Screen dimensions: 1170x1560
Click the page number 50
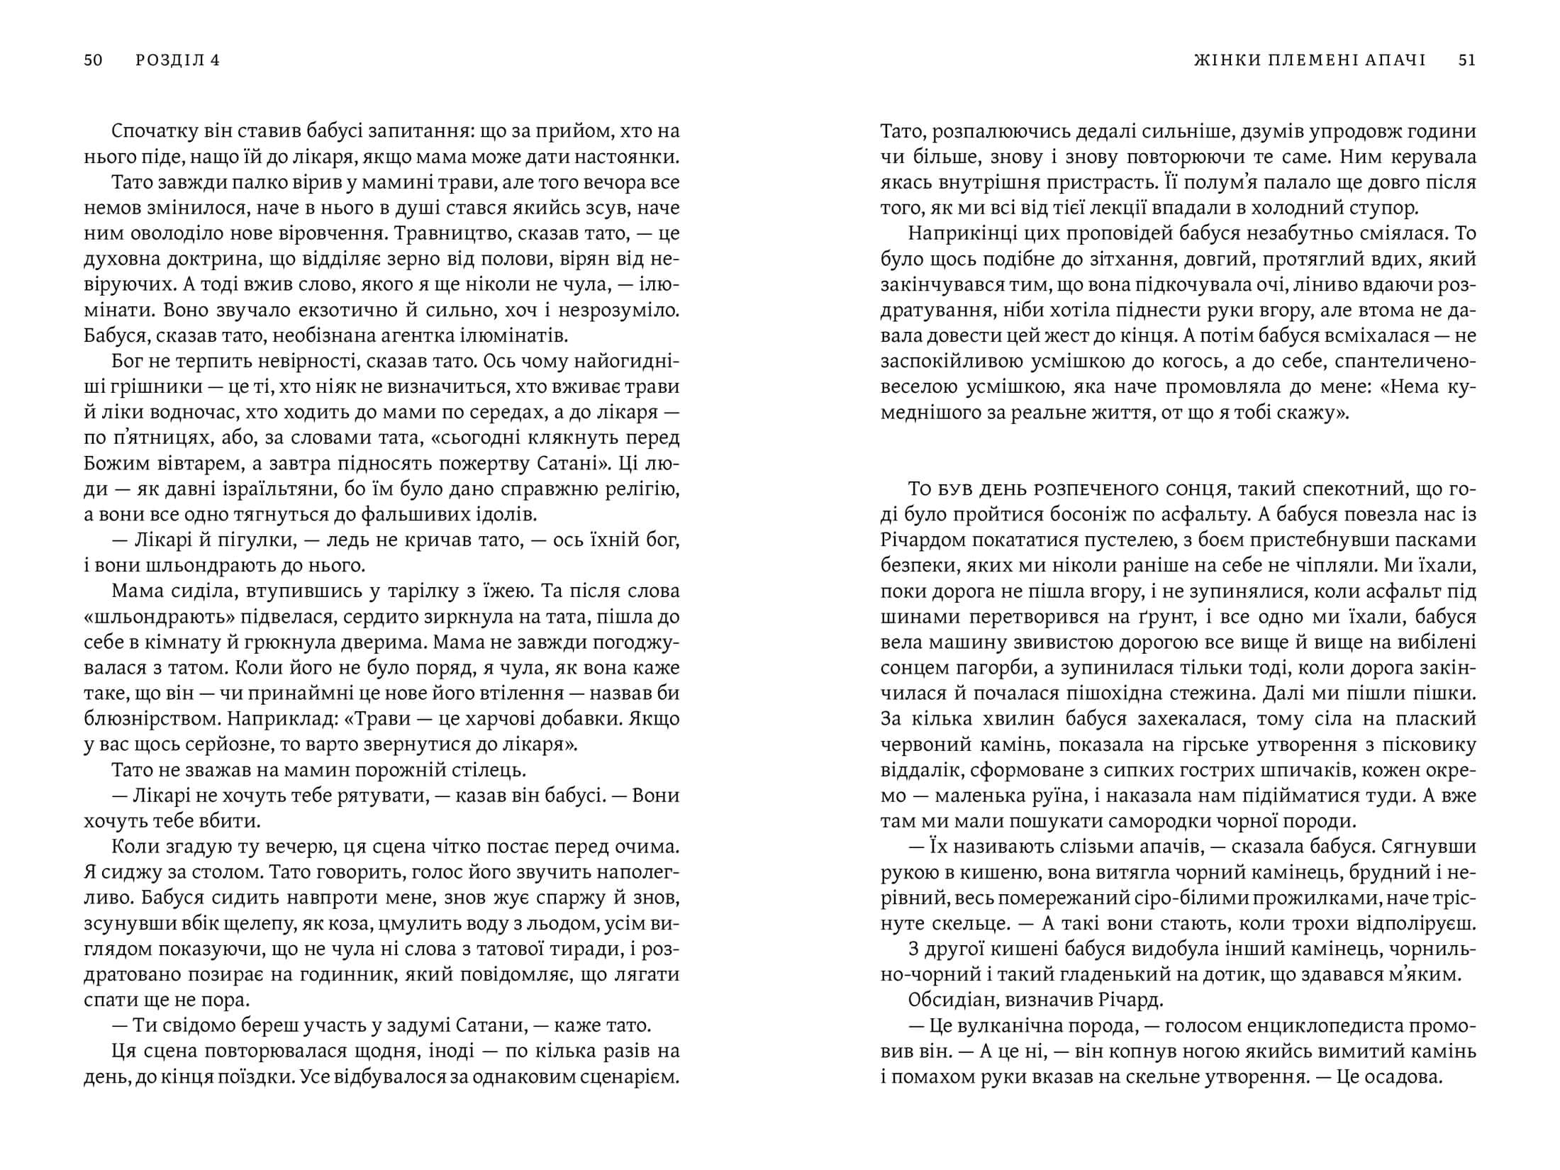pyautogui.click(x=93, y=60)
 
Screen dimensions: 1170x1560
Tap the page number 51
pyautogui.click(x=1467, y=60)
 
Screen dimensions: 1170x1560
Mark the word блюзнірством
pyautogui.click(x=152, y=719)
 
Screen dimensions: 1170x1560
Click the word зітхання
pyautogui.click(x=1123, y=260)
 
